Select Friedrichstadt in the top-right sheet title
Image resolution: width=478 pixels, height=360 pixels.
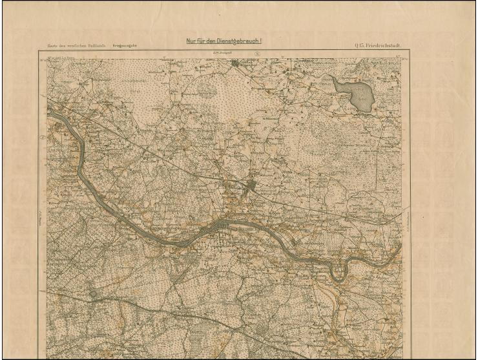point(389,45)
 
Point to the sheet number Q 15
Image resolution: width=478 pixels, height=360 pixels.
point(359,45)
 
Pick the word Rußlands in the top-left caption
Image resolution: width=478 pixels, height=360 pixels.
point(99,46)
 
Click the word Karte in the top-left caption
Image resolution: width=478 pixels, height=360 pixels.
point(53,46)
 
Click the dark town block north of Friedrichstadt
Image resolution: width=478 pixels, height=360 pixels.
point(252,187)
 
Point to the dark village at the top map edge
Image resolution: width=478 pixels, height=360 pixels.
point(236,63)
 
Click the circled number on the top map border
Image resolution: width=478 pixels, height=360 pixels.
point(258,54)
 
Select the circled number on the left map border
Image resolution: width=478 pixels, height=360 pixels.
point(43,136)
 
